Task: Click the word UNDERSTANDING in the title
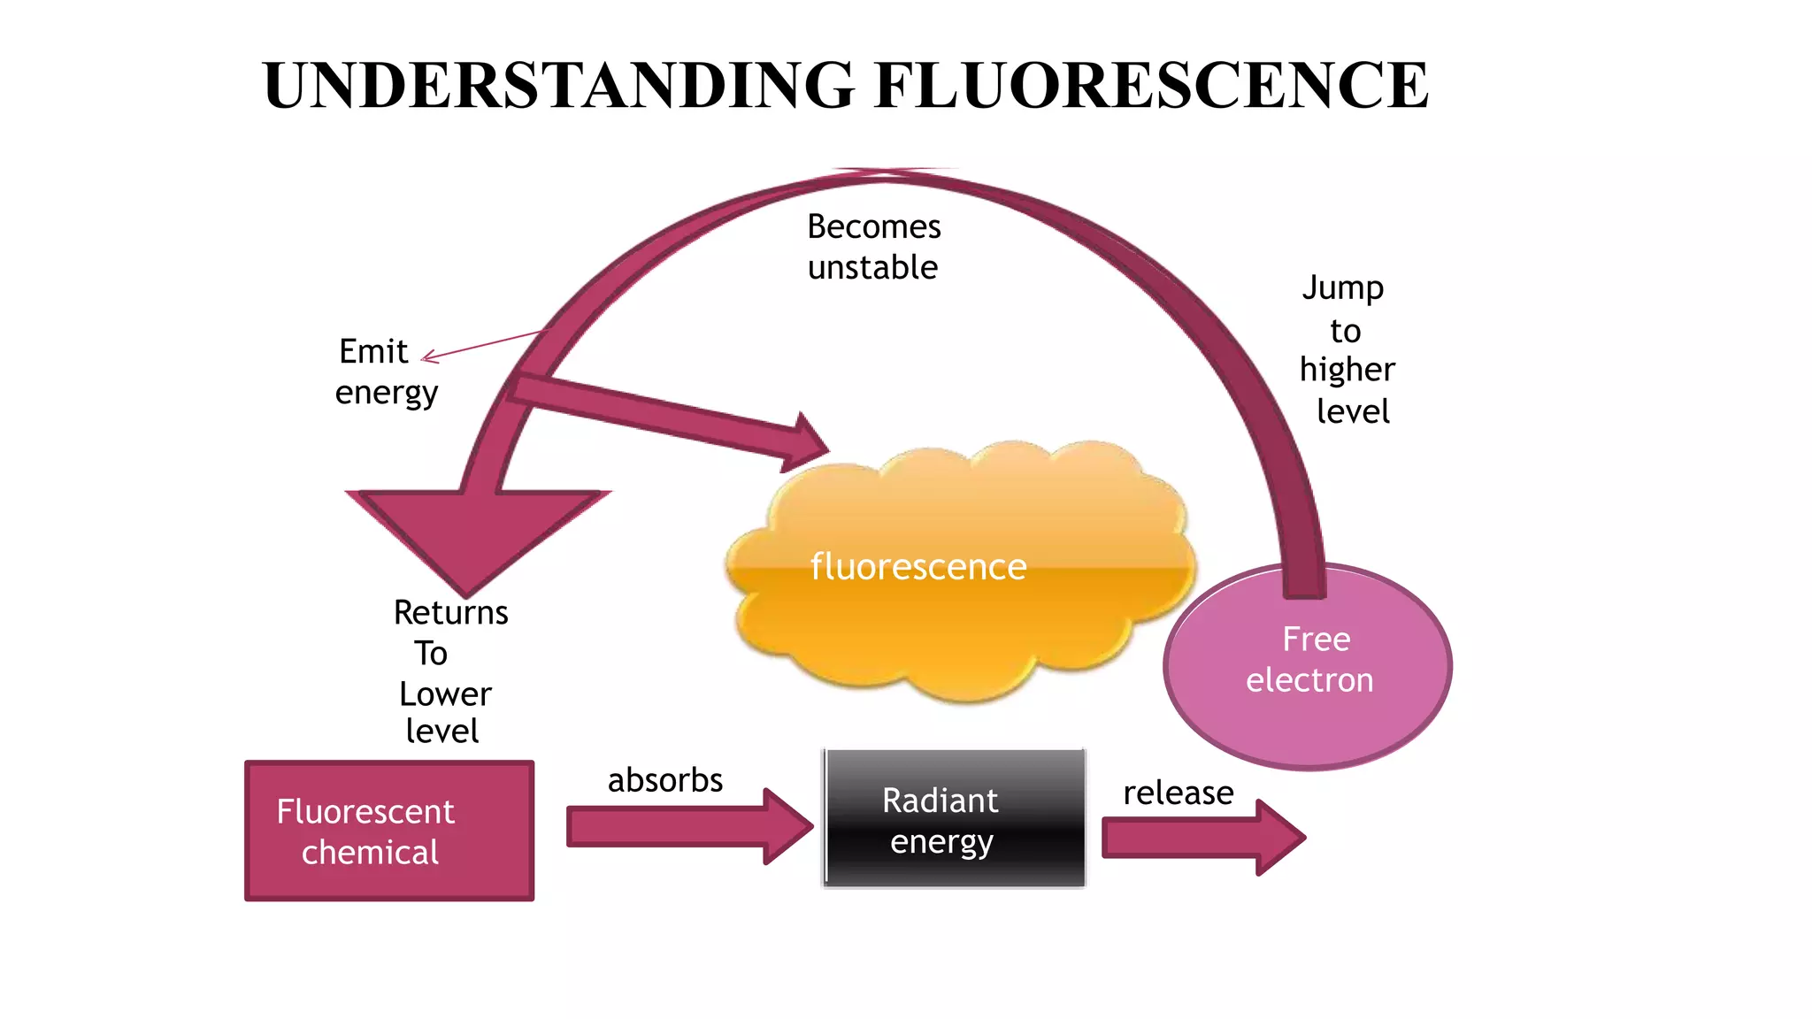pyautogui.click(x=558, y=86)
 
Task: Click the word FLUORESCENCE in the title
pyautogui.click(x=1150, y=86)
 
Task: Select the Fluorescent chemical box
pyautogui.click(x=389, y=831)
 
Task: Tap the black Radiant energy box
pyautogui.click(x=954, y=819)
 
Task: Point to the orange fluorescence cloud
pyautogui.click(x=960, y=619)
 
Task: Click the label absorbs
pyautogui.click(x=664, y=780)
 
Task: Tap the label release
pyautogui.click(x=1178, y=793)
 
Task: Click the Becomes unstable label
pyautogui.click(x=873, y=247)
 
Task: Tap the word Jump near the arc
pyautogui.click(x=1342, y=288)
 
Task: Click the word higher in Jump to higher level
pyautogui.click(x=1347, y=370)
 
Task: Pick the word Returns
pyautogui.click(x=450, y=612)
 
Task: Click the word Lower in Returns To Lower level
pyautogui.click(x=444, y=694)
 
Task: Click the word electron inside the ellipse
pyautogui.click(x=1309, y=680)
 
